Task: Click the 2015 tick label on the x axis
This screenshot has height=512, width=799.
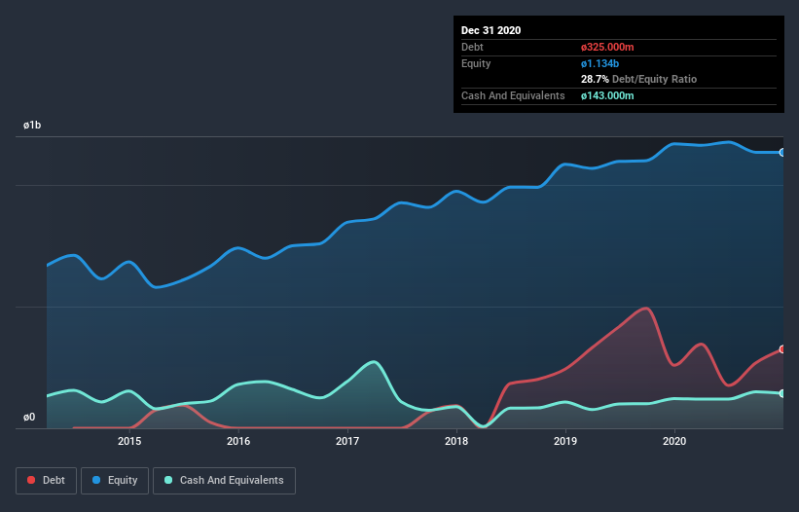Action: pyautogui.click(x=129, y=441)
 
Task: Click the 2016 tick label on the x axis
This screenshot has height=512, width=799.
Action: pyautogui.click(x=238, y=441)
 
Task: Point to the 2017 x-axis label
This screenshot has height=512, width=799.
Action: pyautogui.click(x=347, y=441)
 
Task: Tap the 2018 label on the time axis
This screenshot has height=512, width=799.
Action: pyautogui.click(x=456, y=441)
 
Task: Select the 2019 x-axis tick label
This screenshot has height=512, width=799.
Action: pyautogui.click(x=565, y=441)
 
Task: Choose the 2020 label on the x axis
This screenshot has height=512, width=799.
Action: pyautogui.click(x=674, y=441)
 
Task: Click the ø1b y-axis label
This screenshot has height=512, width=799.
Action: pyautogui.click(x=33, y=126)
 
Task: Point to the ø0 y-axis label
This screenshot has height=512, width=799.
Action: pyautogui.click(x=29, y=418)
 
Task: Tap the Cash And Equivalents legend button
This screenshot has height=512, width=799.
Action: pyautogui.click(x=224, y=480)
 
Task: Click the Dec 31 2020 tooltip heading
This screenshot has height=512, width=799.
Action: pyautogui.click(x=491, y=30)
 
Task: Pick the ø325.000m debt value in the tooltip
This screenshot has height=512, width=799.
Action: pyautogui.click(x=607, y=47)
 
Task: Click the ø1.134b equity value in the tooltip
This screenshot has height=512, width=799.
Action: pyautogui.click(x=599, y=63)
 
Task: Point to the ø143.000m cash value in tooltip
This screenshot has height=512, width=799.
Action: pyautogui.click(x=607, y=95)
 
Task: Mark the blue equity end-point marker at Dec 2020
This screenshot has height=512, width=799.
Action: pyautogui.click(x=782, y=152)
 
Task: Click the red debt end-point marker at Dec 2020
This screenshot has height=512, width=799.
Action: pyautogui.click(x=782, y=348)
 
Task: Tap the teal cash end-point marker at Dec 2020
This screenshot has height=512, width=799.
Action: pyautogui.click(x=782, y=393)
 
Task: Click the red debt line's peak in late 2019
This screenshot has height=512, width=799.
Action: pyautogui.click(x=645, y=308)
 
